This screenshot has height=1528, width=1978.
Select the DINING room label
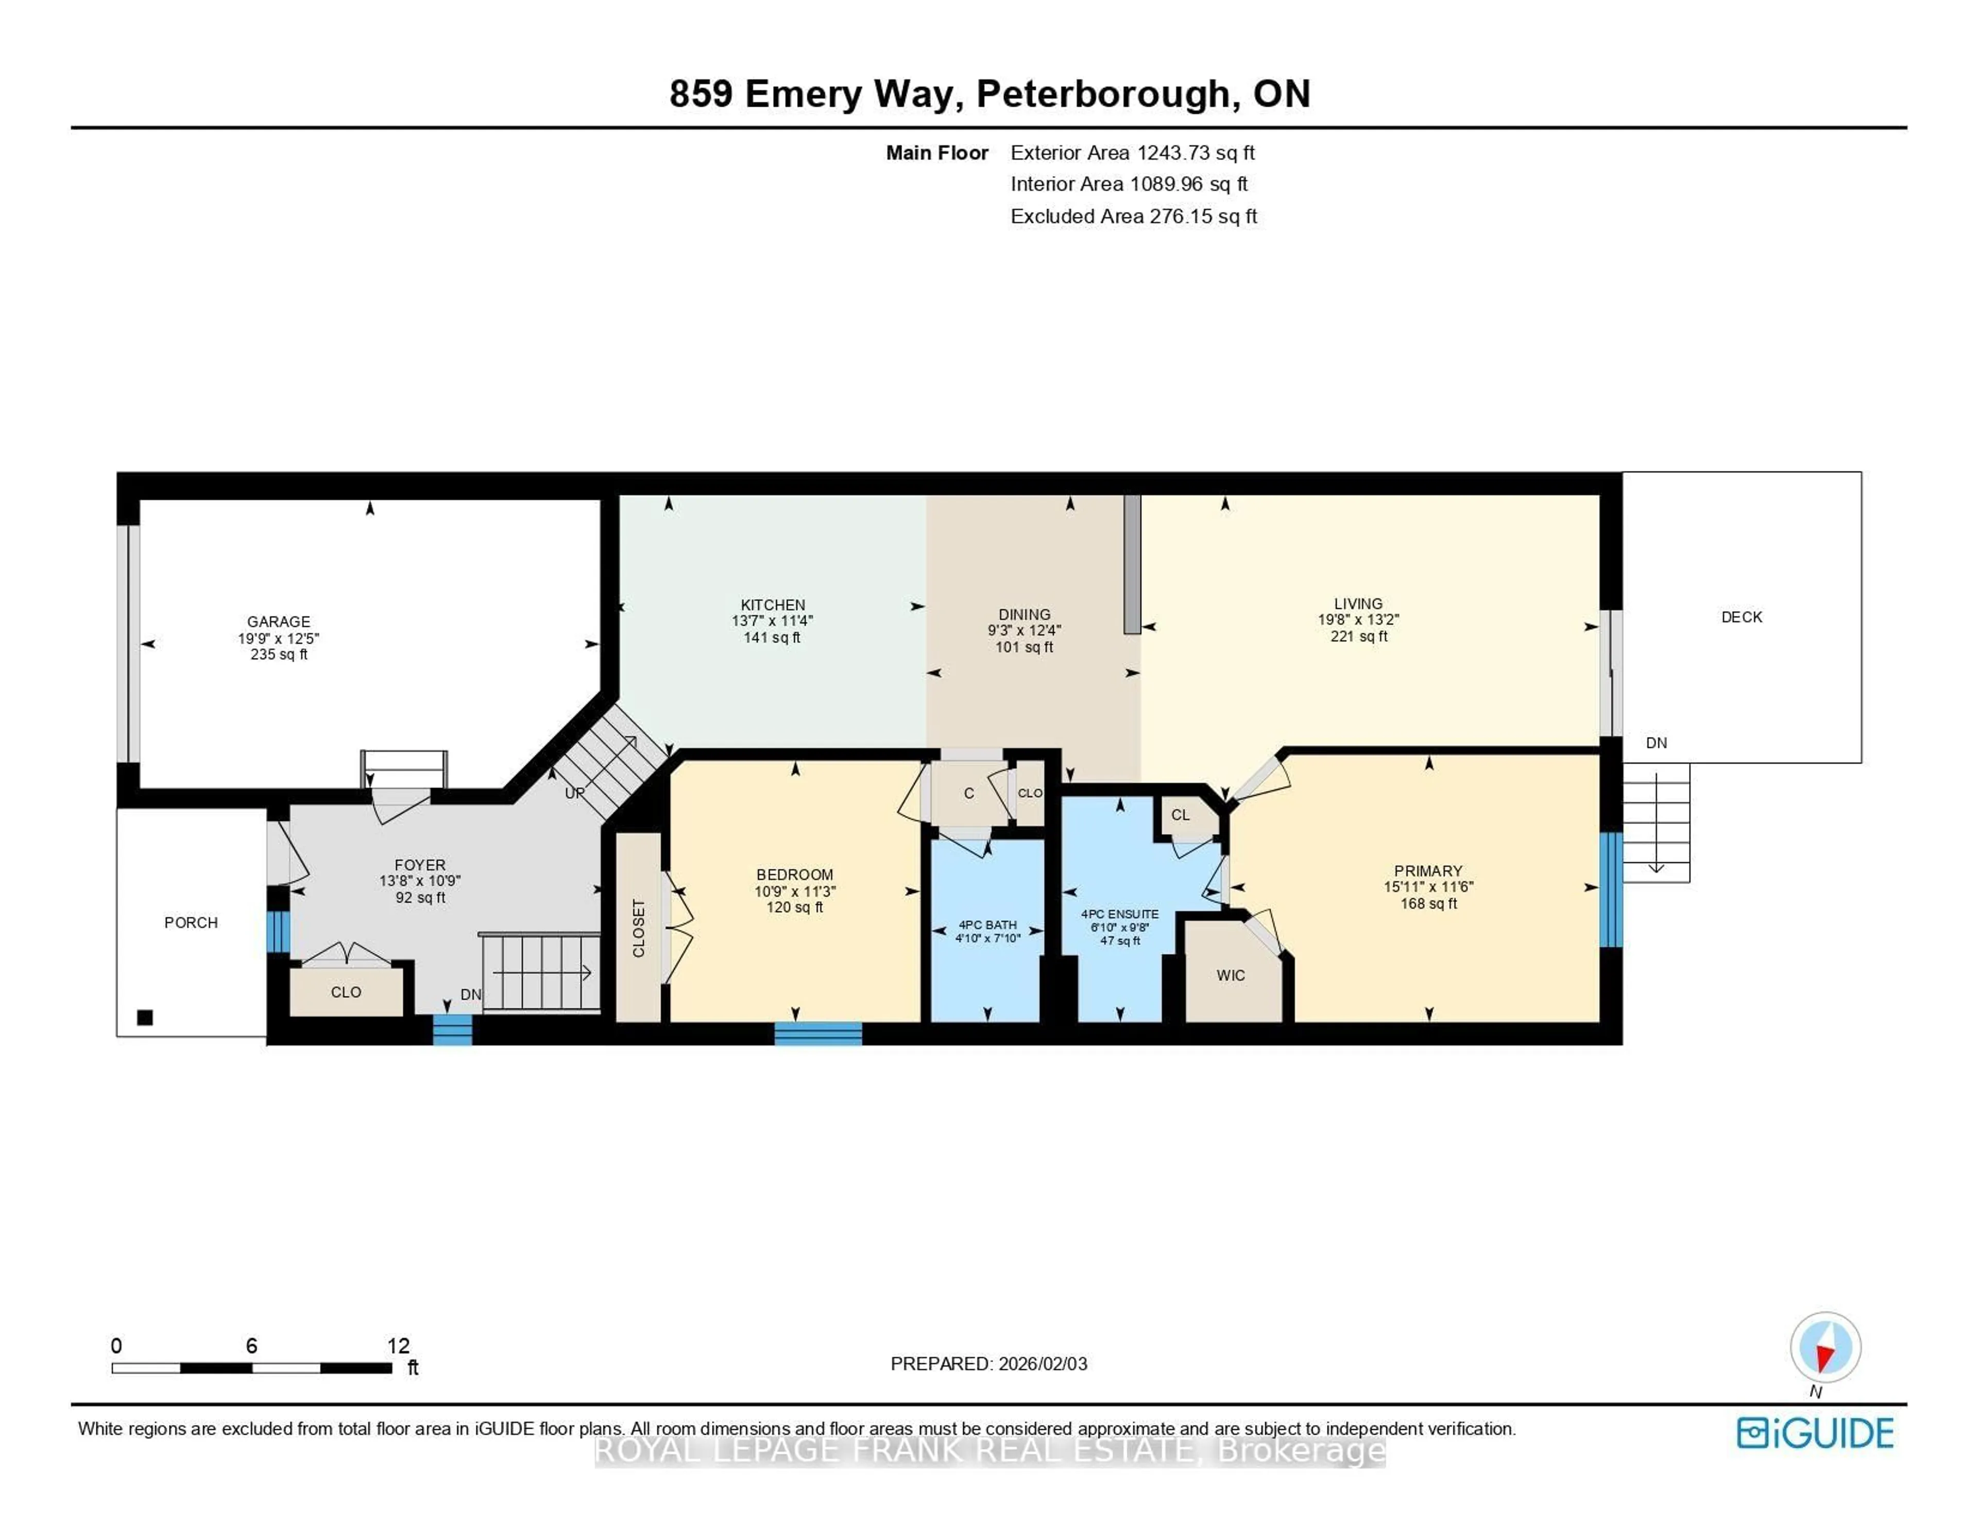[x=1025, y=614]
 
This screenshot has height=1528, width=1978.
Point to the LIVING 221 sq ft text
[x=1358, y=637]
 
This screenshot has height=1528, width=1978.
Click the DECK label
[x=1741, y=617]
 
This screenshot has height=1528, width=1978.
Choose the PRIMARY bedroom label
[x=1428, y=870]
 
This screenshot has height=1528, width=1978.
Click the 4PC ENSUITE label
[x=1119, y=914]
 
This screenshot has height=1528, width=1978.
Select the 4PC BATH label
[x=987, y=925]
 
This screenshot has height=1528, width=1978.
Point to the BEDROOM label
[x=794, y=874]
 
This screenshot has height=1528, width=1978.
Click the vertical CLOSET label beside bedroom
[x=639, y=929]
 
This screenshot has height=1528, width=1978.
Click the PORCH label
[x=191, y=922]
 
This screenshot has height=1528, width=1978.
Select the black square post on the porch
[x=145, y=1017]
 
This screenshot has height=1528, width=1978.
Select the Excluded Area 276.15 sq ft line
[x=1133, y=216]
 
